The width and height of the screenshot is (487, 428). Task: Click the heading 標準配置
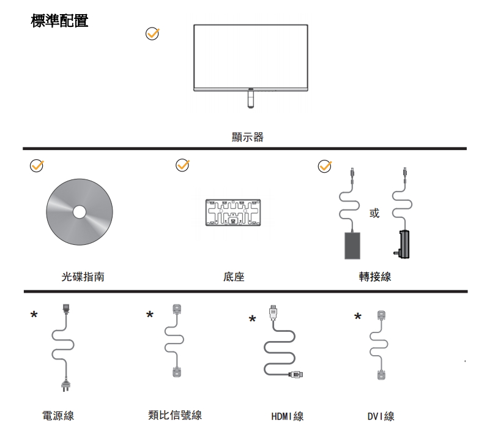pos(59,21)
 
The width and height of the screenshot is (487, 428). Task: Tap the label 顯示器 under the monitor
pos(248,137)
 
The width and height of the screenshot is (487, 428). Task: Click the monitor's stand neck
pos(251,99)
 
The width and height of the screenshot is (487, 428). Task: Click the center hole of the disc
pos(80,212)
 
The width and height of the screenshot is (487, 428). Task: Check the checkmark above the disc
pos(37,167)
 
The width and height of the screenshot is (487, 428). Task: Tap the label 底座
pos(234,277)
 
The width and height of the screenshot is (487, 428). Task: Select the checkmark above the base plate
pos(182,166)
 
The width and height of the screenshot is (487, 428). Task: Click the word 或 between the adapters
pos(374,213)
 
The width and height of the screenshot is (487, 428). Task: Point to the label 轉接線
pos(374,277)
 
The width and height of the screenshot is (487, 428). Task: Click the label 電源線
pos(58,416)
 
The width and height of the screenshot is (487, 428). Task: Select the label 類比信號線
pos(175,415)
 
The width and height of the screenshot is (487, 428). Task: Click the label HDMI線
pos(287,417)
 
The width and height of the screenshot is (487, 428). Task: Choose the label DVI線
pos(381,417)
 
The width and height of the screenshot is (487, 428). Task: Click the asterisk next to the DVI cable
pos(358,317)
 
